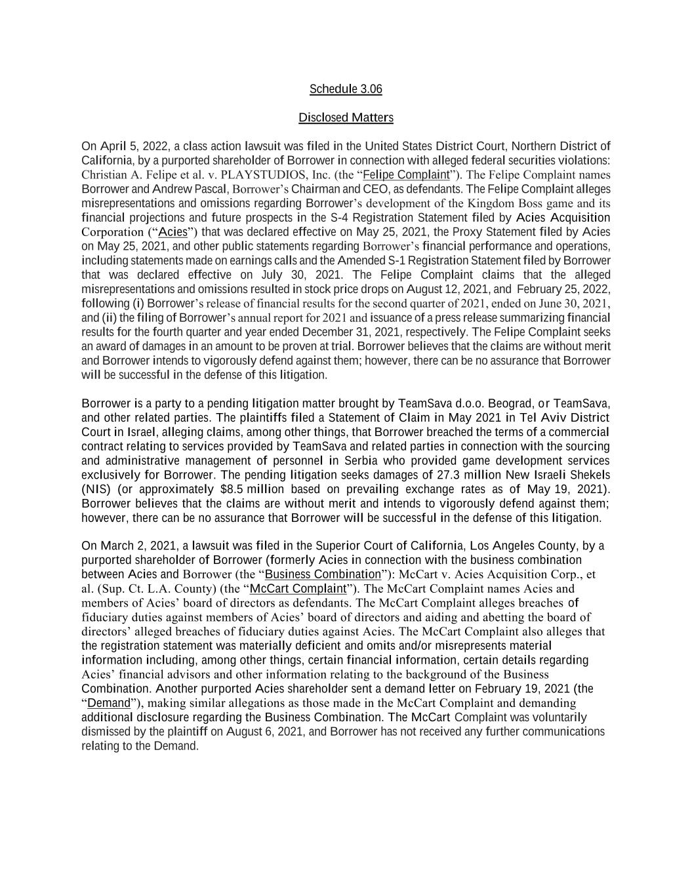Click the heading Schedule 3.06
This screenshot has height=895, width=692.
point(346,89)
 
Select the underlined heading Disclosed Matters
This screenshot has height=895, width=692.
point(346,117)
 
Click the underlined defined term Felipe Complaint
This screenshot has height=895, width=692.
point(406,174)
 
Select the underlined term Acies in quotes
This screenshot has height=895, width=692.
point(173,232)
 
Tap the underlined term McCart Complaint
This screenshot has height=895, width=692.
point(298,588)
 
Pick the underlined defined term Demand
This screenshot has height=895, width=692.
point(109,703)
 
